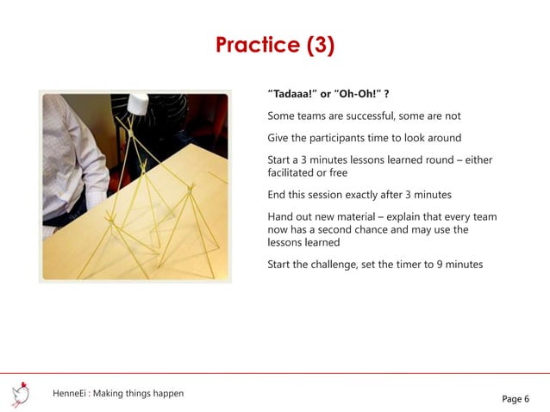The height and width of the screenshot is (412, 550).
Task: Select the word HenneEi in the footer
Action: pyautogui.click(x=69, y=394)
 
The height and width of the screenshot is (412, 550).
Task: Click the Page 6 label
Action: pyautogui.click(x=516, y=398)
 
